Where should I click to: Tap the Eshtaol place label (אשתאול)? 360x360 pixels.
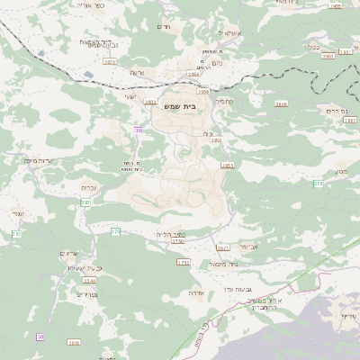[229, 33]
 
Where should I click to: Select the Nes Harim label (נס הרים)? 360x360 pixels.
[337, 110]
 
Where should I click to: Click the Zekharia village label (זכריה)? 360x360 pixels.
[90, 187]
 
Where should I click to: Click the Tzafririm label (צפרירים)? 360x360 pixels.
[87, 293]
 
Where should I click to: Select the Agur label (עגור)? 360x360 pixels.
[18, 213]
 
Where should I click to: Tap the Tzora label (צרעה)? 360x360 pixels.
[137, 72]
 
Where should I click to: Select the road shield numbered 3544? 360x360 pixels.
[88, 281]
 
